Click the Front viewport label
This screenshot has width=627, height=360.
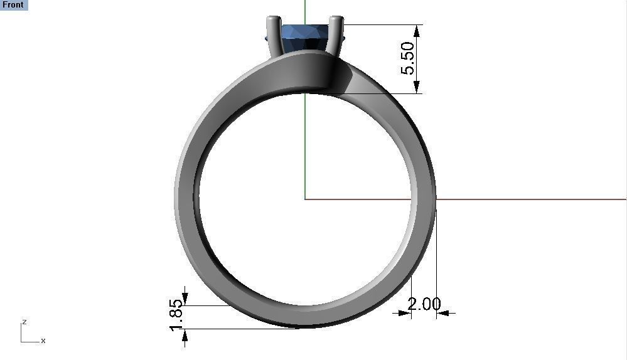[x=13, y=5]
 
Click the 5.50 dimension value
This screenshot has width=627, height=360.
[x=408, y=58]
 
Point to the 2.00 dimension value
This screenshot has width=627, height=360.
[x=424, y=304]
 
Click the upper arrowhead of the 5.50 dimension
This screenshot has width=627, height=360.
[x=417, y=30]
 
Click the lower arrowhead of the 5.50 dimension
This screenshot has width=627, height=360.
[x=417, y=88]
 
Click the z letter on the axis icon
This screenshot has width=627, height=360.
[x=24, y=322]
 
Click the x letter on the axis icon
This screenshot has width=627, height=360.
[x=43, y=341]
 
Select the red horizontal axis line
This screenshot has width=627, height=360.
[x=533, y=199]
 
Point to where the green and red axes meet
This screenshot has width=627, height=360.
[x=305, y=199]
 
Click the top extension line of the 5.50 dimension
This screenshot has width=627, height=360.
[x=383, y=25]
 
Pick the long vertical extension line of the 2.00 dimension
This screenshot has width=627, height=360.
[x=436, y=263]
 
